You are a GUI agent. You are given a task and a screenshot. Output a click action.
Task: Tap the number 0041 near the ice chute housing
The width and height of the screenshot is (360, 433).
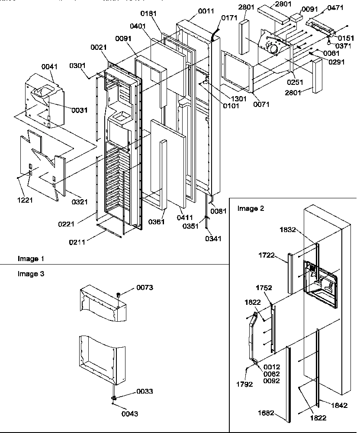pos(49,67)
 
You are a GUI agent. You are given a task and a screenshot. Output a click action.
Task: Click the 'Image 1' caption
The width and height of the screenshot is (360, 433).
pos(31,259)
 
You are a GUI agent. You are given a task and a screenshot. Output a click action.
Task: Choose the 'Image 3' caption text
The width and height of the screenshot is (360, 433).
pos(31,274)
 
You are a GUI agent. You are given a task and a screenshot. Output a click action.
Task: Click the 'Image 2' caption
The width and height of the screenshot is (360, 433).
pos(251,209)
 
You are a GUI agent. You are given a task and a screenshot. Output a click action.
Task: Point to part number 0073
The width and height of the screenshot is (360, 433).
pos(145,288)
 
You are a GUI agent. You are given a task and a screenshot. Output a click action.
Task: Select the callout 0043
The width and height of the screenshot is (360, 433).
pos(130,414)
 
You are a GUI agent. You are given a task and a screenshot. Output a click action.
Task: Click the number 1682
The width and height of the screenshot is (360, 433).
pos(266,413)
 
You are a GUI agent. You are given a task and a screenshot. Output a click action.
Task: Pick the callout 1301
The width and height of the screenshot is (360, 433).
pos(238,98)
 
